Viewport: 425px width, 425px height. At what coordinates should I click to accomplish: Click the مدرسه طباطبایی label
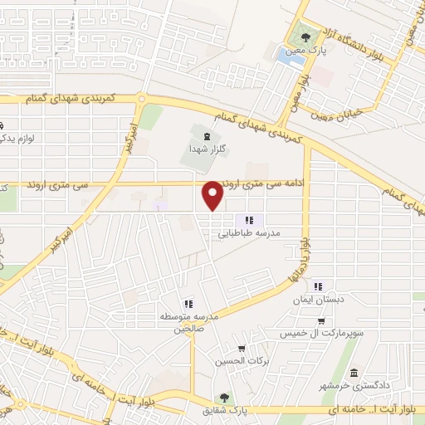coord(251,234)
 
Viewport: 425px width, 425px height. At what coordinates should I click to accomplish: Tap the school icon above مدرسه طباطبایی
coord(249,220)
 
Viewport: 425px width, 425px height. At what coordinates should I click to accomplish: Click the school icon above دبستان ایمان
coord(316,287)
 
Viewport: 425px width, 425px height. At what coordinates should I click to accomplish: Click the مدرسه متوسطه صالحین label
coord(188,322)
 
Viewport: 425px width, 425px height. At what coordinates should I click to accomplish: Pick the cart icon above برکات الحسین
coord(242,349)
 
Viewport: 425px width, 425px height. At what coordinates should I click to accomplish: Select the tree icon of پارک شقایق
coord(222,398)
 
